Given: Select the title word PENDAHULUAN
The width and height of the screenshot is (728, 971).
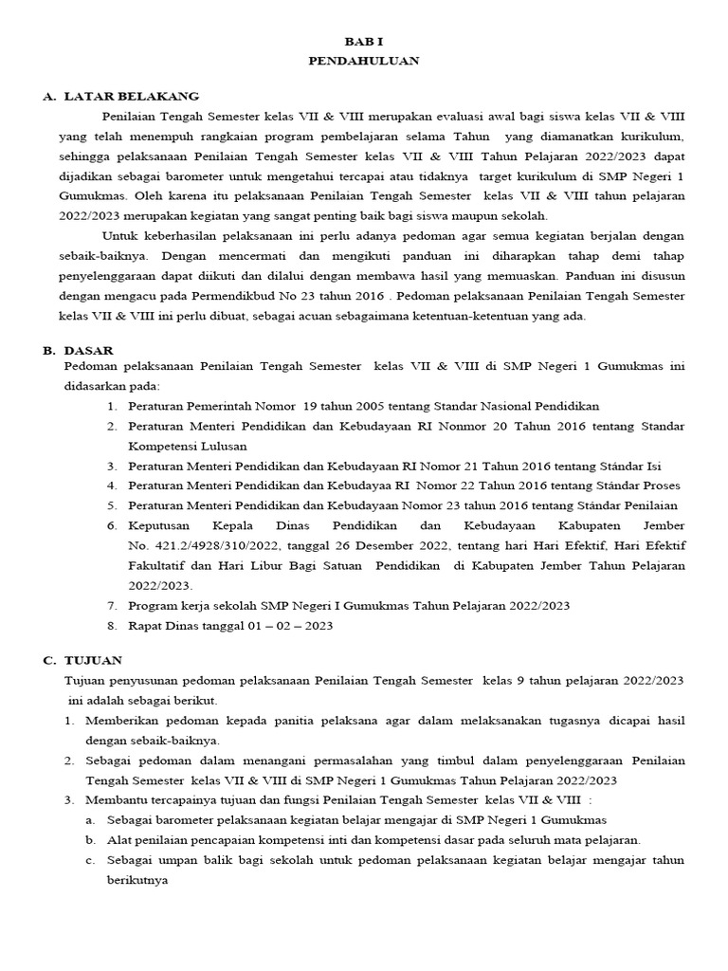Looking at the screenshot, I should pos(363,61).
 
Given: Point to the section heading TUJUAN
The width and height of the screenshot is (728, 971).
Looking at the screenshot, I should pos(96,660).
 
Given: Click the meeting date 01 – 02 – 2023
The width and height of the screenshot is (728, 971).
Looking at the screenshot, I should pos(286,626).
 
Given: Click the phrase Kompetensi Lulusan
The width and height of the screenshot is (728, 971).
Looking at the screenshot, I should pos(188,446).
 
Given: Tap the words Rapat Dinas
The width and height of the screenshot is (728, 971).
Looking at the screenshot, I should pos(162,626).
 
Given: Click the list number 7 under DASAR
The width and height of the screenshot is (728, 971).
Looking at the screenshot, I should pos(110,606).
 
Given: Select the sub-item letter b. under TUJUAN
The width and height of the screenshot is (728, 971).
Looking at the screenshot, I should pos(89,840).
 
